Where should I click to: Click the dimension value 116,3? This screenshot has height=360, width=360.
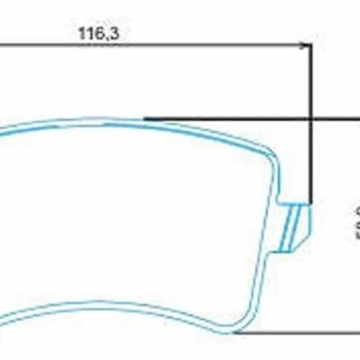click(99, 34)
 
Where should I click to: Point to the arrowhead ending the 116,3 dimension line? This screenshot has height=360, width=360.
click(305, 46)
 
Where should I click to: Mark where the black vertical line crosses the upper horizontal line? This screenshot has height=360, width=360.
click(310, 118)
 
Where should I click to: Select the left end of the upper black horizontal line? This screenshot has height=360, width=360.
click(145, 118)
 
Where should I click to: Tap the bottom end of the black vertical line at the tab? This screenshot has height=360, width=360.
click(310, 204)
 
